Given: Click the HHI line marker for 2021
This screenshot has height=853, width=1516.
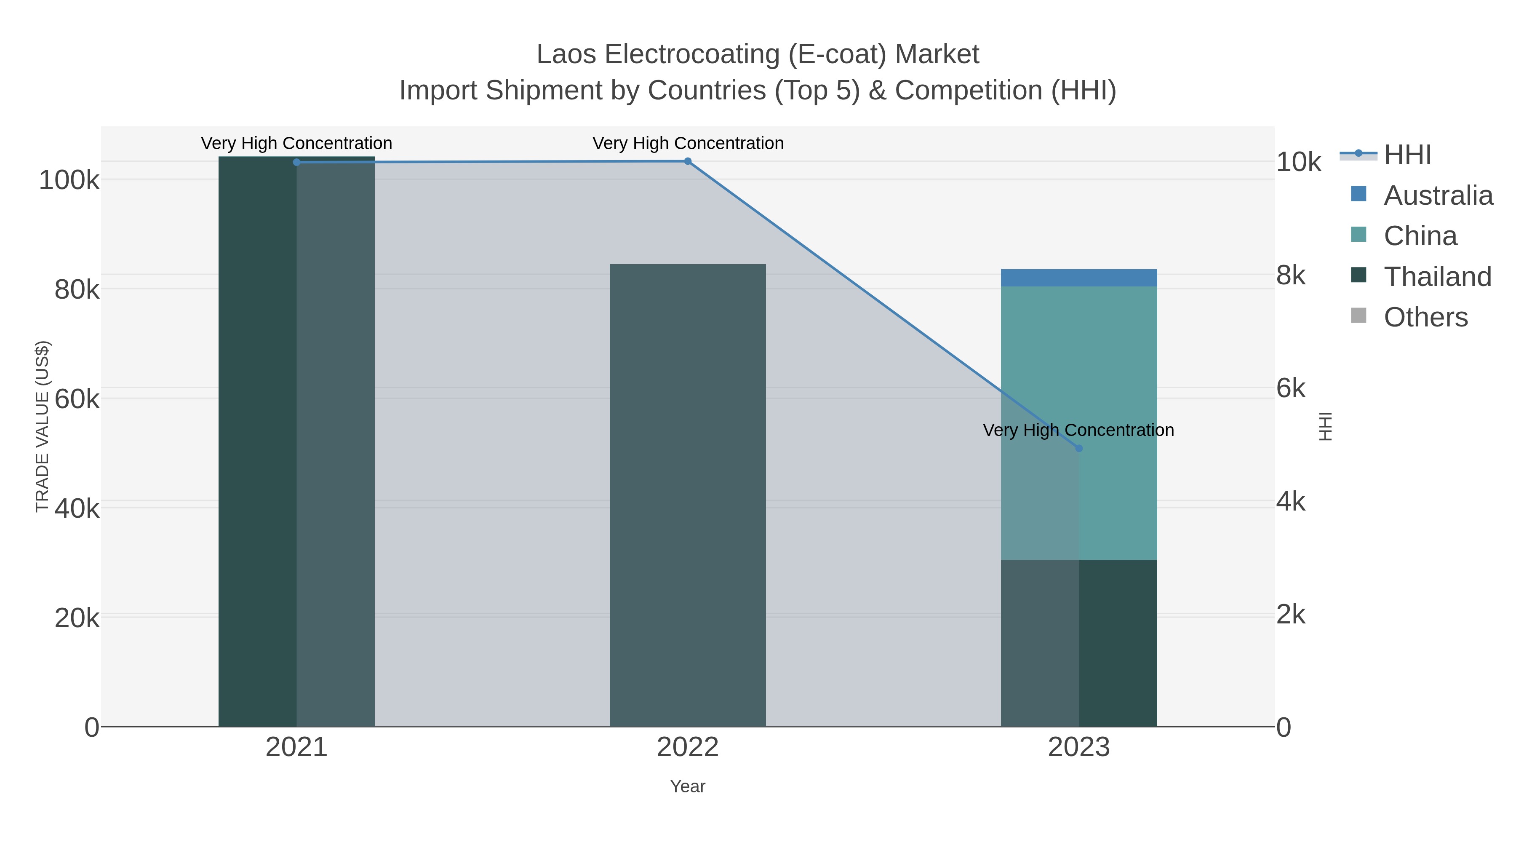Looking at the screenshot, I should coord(296,162).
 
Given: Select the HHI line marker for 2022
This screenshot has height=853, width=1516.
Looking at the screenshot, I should coord(687,161).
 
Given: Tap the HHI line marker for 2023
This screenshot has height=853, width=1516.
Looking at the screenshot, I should coord(1079,448).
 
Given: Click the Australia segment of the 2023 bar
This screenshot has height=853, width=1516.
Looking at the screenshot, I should coord(1079,278).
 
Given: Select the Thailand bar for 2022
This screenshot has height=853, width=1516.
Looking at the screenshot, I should coord(687,495).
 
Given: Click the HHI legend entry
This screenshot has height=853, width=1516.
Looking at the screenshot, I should coord(1407,155).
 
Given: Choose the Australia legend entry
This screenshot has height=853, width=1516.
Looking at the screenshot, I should coord(1438,195).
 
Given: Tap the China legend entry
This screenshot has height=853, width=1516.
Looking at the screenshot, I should coord(1420,236).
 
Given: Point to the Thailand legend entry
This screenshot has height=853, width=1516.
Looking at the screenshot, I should coord(1437,277).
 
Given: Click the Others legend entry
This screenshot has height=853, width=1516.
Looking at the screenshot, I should coord(1425,317).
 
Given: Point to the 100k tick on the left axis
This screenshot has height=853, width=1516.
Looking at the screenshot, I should coord(69,180).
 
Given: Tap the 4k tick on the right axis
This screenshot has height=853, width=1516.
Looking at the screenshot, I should coord(1291,502).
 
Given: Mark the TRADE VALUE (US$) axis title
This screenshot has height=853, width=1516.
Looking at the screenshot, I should coord(43,426).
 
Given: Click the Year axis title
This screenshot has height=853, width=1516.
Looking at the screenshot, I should coord(687,786).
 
